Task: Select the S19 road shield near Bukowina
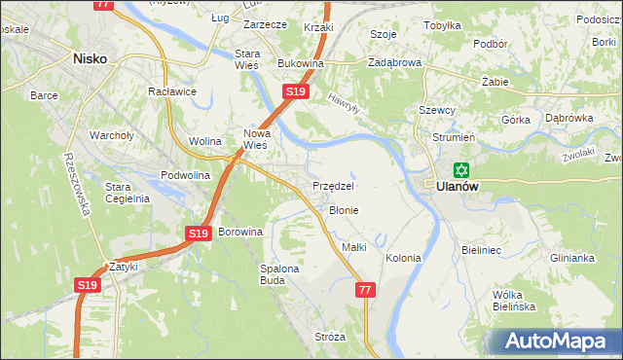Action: tap(296, 91)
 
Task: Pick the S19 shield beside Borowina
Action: tap(198, 234)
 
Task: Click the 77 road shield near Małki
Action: tap(365, 290)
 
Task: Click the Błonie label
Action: tap(344, 210)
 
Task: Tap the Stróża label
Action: tap(330, 337)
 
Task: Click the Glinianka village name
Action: tap(571, 258)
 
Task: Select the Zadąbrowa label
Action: tap(394, 62)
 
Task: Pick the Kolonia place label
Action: tap(403, 258)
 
